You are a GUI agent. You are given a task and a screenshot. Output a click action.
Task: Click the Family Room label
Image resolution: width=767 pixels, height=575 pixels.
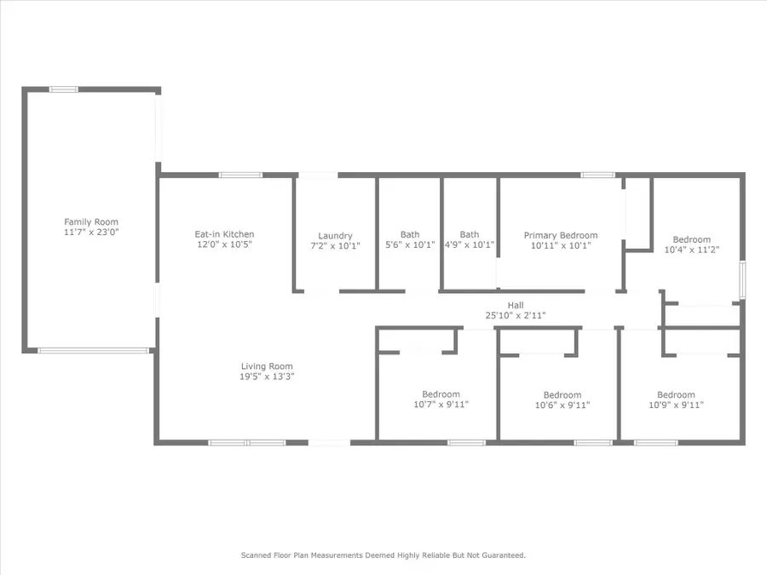tap(91, 222)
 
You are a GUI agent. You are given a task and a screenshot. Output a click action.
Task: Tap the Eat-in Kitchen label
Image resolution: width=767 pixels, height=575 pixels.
tap(225, 234)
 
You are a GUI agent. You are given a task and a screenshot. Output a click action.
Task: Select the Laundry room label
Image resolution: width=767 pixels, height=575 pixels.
tap(335, 236)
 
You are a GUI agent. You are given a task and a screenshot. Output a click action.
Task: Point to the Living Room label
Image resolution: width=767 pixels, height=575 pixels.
tap(268, 366)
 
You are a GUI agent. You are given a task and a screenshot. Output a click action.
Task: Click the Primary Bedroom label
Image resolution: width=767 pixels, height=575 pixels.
tap(560, 235)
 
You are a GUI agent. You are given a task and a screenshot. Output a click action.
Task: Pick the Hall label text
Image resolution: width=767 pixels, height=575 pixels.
tap(516, 305)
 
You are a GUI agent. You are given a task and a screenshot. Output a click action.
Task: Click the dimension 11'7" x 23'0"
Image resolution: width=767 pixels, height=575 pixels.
tap(91, 232)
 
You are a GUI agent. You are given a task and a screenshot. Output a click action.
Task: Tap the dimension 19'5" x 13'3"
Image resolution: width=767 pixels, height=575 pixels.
tap(268, 377)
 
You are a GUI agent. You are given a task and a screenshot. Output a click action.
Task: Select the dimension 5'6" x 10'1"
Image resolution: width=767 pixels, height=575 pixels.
tap(410, 244)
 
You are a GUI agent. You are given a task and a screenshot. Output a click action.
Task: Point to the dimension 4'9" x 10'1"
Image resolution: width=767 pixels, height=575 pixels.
tap(470, 244)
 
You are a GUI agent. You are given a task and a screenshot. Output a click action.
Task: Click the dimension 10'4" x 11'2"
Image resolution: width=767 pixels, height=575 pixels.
tap(691, 250)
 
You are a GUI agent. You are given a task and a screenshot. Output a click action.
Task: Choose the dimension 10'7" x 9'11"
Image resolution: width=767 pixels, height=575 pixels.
tap(441, 405)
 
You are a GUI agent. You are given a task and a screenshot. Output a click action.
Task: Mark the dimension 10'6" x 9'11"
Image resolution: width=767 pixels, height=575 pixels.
tap(562, 405)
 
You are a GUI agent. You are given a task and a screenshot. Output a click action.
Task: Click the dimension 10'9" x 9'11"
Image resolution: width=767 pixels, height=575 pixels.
tap(675, 405)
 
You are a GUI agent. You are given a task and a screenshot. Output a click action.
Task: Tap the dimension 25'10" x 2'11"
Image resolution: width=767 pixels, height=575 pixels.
tap(516, 315)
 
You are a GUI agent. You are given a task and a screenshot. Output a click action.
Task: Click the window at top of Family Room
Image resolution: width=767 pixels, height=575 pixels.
tap(63, 89)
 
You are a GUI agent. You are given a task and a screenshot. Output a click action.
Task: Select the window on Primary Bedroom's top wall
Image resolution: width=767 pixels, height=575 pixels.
tap(597, 175)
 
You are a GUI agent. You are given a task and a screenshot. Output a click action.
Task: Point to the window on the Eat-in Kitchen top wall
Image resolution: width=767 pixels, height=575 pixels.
tap(234, 175)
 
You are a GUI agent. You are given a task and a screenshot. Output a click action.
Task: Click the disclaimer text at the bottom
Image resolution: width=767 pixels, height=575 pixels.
tap(383, 555)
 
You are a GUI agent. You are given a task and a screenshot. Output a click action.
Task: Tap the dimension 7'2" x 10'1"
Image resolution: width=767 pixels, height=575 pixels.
tap(335, 245)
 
